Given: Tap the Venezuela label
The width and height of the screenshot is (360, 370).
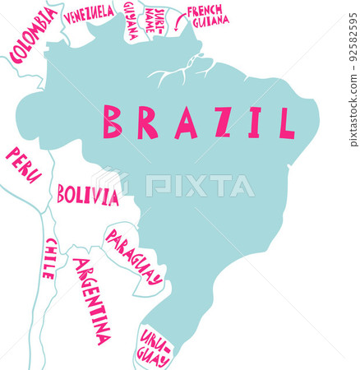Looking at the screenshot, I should click(89, 13).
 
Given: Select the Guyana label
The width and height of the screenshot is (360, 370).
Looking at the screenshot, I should click(132, 21).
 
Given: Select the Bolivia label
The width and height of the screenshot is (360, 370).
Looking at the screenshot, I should click(87, 196).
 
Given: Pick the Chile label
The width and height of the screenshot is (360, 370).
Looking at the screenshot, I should click(50, 258).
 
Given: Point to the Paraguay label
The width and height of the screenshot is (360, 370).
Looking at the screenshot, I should click(133, 256).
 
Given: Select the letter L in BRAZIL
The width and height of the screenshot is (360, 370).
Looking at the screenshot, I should click(285, 122).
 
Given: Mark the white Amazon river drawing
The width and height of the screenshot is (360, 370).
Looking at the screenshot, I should click(177, 72).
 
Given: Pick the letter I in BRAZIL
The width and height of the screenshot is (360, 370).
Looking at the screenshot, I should click(255, 122).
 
